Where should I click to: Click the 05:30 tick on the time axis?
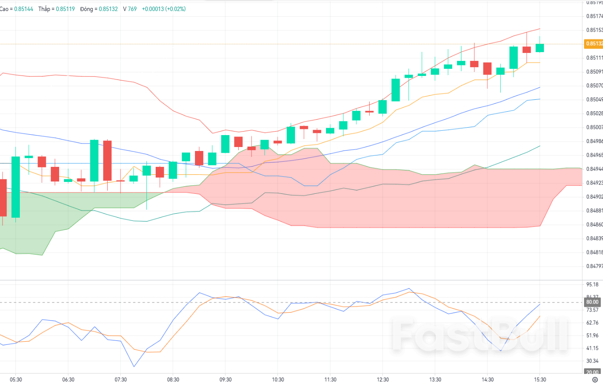pos(15,379)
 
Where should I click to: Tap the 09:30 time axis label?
pos(225,379)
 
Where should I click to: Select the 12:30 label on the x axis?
pos(382,379)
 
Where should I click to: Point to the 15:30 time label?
pos(540,379)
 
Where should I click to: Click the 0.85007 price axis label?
pos(594,127)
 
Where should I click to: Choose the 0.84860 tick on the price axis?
pos(594,224)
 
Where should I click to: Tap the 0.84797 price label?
pos(594,266)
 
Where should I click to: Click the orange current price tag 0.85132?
pos(594,44)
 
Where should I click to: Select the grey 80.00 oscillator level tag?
pos(592,302)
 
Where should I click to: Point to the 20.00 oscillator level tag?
pos(592,372)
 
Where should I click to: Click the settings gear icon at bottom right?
pos(595,379)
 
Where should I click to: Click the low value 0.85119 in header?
pos(64,9)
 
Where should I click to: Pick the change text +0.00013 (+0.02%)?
pos(164,9)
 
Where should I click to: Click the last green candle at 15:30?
pos(540,48)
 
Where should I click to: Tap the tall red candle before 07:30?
pos(107,160)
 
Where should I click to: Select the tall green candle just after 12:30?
pos(395,90)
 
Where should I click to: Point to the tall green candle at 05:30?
pos(16,187)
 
